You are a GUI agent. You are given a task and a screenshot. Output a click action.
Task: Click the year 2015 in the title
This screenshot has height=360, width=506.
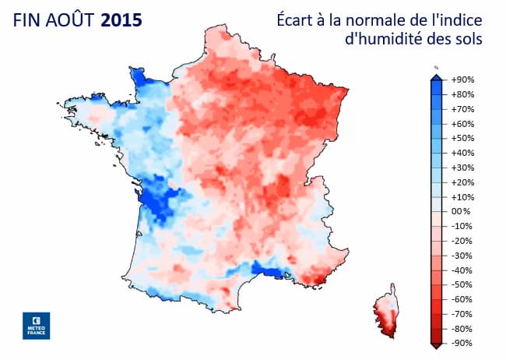pyautogui.click(x=121, y=19)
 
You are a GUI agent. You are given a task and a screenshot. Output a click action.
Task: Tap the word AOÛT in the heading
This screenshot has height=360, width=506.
pyautogui.click(x=69, y=19)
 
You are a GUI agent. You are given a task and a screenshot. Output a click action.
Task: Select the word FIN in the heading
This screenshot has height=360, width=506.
pyautogui.click(x=26, y=19)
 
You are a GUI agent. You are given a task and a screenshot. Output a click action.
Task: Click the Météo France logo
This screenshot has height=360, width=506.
pyautogui.click(x=36, y=325)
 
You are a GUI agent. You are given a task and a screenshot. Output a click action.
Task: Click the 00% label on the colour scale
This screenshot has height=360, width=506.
pyautogui.click(x=462, y=211)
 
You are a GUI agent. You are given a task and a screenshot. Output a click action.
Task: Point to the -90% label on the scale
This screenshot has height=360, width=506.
pyautogui.click(x=462, y=343)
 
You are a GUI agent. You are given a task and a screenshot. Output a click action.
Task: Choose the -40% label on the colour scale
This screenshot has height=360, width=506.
pyautogui.click(x=462, y=270)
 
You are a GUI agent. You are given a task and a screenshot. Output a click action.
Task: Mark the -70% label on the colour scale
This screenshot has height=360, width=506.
pyautogui.click(x=462, y=313)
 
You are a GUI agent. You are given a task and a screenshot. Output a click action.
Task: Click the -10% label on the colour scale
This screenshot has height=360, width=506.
pyautogui.click(x=462, y=226)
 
